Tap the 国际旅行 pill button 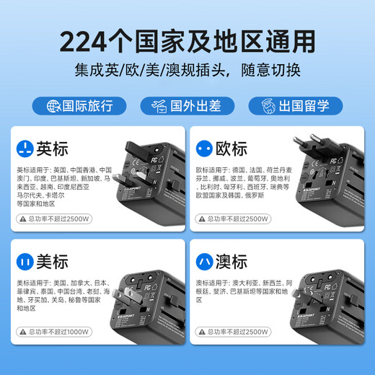(x=80, y=106)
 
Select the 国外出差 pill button (x=187, y=106)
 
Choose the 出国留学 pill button (x=294, y=106)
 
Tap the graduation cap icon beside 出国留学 (x=266, y=106)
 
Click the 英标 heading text (x=53, y=149)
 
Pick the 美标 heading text (x=53, y=262)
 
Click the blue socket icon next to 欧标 (x=203, y=149)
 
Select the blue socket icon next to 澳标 (x=203, y=262)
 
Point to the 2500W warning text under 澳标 (x=238, y=332)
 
